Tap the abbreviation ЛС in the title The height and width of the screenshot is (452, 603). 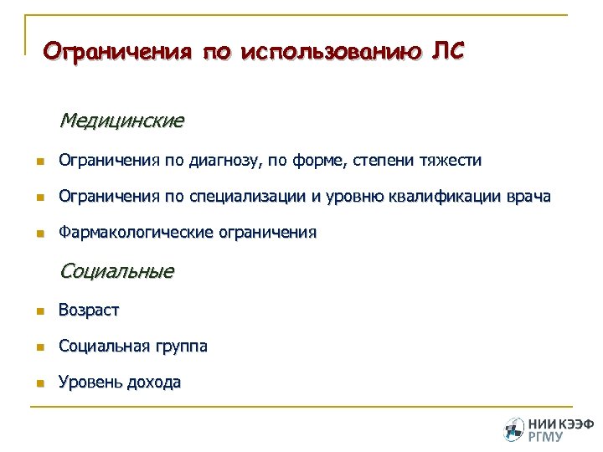[x=446, y=51]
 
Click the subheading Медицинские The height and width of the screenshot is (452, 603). [x=121, y=121]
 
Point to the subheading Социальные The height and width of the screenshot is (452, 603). [x=116, y=271]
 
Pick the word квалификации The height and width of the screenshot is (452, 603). [x=444, y=198]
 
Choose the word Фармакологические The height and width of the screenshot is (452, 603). [x=137, y=234]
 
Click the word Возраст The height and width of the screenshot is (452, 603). [x=89, y=311]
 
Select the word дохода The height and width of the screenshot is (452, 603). [x=153, y=383]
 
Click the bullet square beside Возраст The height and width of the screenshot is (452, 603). [x=39, y=311]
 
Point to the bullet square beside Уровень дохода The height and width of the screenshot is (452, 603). [x=39, y=383]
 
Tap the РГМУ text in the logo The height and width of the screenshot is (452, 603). [x=545, y=436]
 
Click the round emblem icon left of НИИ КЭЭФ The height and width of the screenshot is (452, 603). [x=513, y=429]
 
